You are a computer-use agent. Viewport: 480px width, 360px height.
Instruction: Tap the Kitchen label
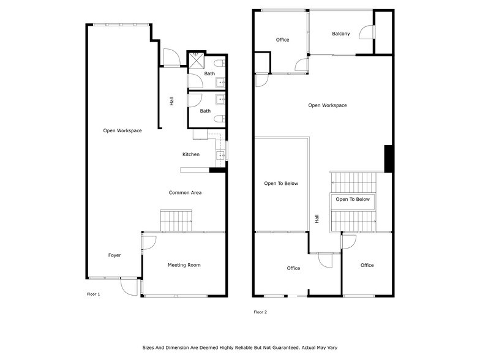tap(191, 154)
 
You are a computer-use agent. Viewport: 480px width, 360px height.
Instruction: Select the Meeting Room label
tap(184, 265)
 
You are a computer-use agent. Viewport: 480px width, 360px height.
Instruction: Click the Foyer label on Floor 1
tap(114, 255)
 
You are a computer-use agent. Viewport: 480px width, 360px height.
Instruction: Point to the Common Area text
tap(185, 193)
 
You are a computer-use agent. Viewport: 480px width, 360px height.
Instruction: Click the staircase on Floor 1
tap(176, 220)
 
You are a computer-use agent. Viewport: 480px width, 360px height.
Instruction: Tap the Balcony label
tap(341, 34)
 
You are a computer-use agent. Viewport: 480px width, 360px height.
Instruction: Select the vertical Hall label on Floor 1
tap(171, 101)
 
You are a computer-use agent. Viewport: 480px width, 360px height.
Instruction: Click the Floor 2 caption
tap(260, 312)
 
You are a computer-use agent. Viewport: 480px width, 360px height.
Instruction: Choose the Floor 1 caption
tap(93, 294)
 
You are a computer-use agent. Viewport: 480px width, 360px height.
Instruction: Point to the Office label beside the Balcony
tap(282, 40)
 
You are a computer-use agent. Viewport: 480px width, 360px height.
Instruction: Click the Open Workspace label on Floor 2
tap(328, 105)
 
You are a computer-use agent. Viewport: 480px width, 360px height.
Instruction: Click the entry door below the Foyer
tap(129, 285)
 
